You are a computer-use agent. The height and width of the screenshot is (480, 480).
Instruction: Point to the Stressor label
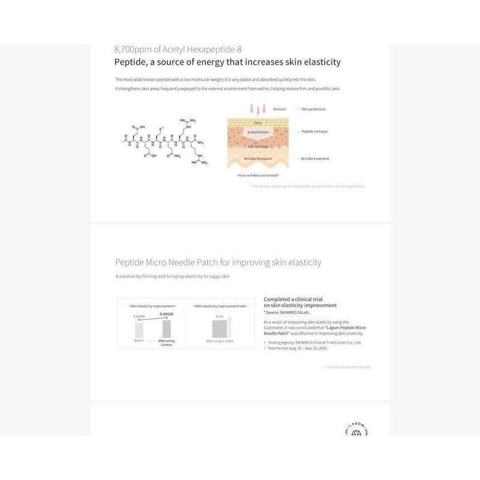279,109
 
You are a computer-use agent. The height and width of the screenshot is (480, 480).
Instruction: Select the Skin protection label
313,109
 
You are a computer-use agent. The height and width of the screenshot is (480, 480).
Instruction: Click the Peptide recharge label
314,131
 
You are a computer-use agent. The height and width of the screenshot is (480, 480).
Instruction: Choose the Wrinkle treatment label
315,158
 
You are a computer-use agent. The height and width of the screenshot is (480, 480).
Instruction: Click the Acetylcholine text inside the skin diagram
257,131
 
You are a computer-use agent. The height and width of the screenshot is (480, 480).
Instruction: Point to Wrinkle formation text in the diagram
257,158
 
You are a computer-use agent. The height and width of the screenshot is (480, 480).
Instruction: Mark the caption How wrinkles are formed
257,175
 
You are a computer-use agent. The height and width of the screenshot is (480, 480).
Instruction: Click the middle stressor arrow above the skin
258,109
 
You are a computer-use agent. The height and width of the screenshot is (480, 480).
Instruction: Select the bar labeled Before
139,330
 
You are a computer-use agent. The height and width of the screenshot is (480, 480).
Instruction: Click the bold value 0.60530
166,314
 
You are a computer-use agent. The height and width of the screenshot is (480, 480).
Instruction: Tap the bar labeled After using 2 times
166,329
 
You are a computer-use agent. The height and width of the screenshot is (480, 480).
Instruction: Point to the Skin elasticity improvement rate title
220,306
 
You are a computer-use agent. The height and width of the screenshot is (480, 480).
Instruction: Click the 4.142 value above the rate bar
220,316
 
